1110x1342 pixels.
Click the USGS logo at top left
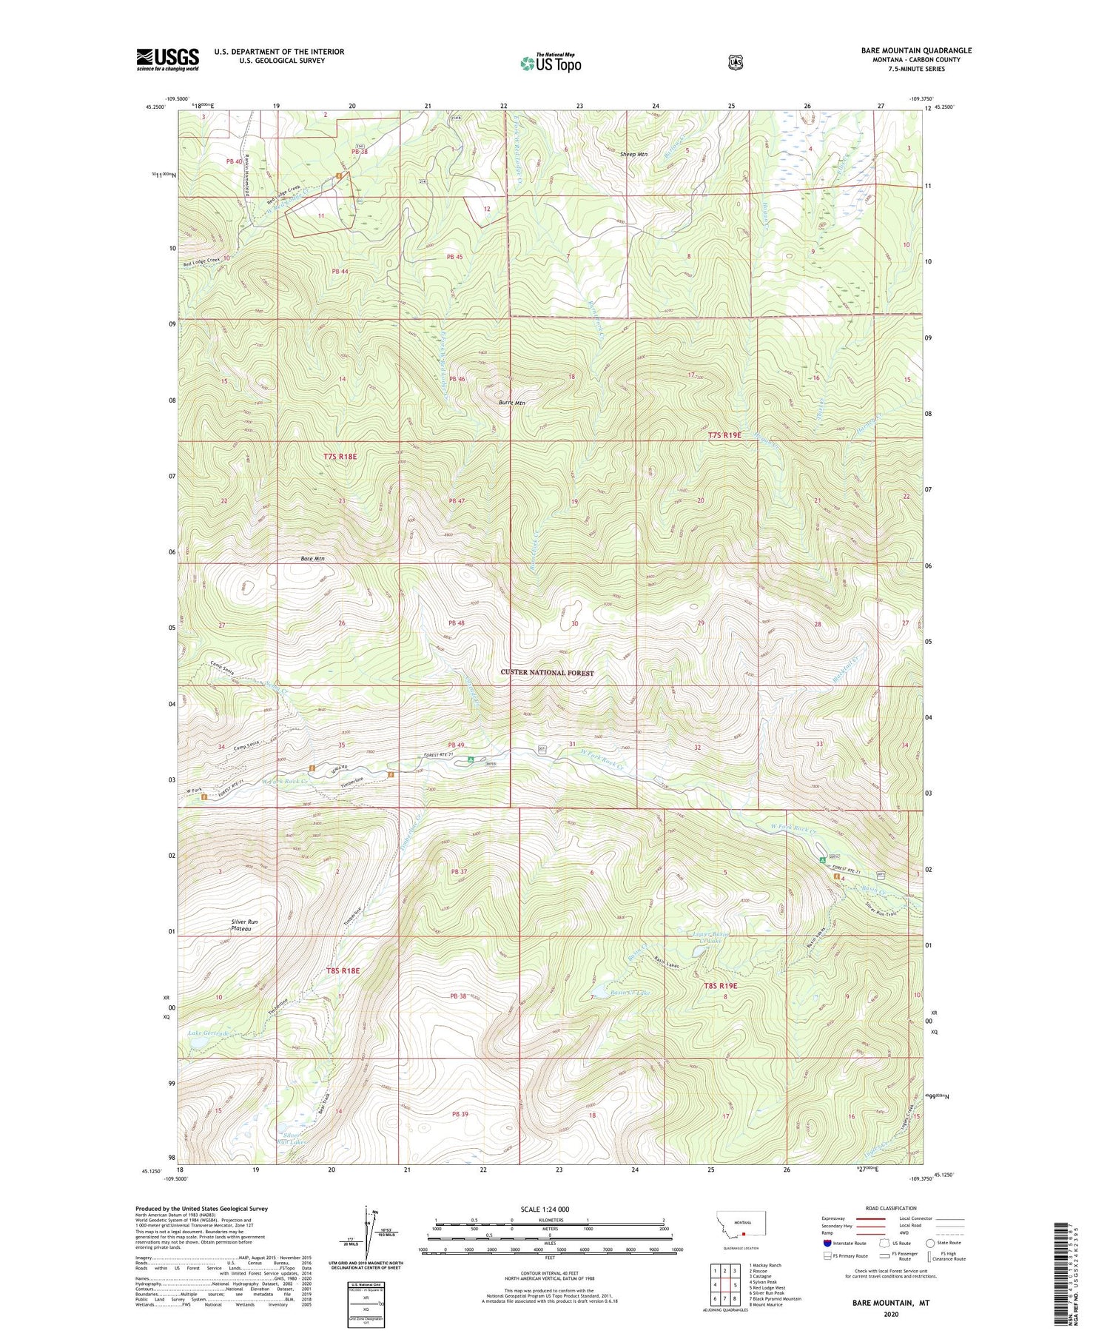(x=168, y=59)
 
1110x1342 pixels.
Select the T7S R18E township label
(x=340, y=457)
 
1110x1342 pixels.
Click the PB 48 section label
(x=456, y=623)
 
